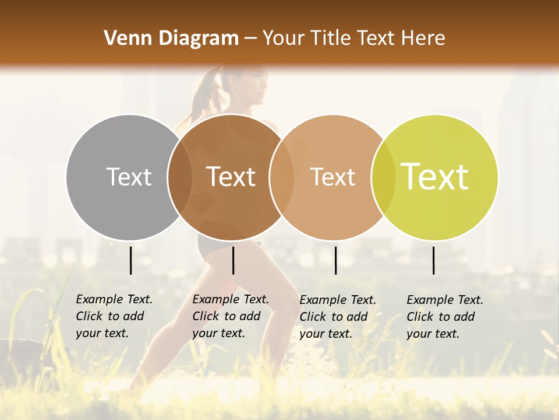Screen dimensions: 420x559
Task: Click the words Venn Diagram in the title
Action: [x=171, y=38]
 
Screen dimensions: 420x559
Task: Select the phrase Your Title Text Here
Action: [x=353, y=38]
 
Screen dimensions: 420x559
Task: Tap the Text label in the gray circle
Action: [x=129, y=177]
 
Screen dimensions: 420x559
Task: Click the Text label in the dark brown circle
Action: [x=231, y=177]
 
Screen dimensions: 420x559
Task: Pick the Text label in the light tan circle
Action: [x=332, y=177]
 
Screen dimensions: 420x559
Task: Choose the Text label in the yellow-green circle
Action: [x=434, y=176]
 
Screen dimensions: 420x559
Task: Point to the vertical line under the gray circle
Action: [x=131, y=260]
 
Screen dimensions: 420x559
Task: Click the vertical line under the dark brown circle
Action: [x=233, y=260]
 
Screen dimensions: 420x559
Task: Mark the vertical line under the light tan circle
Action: [x=335, y=260]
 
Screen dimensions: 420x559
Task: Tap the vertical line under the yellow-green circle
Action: [x=434, y=260]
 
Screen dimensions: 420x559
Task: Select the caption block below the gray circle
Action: [x=114, y=316]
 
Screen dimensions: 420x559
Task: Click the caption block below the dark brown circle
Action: [x=231, y=316]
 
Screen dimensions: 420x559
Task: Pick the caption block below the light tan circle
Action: [x=338, y=316]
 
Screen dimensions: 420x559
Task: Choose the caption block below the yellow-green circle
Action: [x=445, y=316]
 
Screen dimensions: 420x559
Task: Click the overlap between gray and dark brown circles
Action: [x=180, y=177]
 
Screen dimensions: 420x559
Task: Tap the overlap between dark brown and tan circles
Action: [x=282, y=177]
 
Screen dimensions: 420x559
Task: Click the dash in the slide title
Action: [x=250, y=39]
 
